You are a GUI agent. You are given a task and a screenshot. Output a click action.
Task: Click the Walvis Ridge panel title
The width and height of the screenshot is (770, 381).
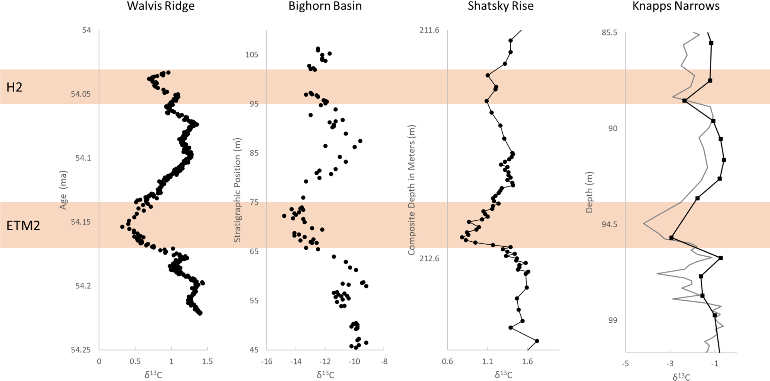161,6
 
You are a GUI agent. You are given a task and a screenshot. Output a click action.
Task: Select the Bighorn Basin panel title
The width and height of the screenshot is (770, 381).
325,6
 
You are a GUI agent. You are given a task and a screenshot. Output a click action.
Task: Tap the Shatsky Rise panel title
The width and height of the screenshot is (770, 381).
500,6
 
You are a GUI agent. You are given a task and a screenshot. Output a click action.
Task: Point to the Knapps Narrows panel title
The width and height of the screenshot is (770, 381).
676,6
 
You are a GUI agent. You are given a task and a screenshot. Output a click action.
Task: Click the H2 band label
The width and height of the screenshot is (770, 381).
15,88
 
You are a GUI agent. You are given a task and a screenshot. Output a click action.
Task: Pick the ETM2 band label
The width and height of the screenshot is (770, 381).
23,225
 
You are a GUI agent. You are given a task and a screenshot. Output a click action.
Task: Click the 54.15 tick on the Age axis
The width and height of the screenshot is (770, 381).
81,222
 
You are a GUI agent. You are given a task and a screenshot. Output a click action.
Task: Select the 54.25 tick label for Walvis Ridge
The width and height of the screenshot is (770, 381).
81,350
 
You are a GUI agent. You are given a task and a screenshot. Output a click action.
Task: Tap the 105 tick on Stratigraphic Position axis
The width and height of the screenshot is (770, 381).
252,55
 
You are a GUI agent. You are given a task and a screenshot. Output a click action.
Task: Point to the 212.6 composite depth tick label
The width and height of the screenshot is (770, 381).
429,258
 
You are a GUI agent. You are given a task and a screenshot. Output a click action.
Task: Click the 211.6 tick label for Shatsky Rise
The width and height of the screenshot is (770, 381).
429,30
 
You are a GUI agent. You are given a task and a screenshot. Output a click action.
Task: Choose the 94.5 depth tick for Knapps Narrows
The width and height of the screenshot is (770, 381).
609,224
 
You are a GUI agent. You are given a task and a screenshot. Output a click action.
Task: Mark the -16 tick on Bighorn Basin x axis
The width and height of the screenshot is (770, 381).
267,362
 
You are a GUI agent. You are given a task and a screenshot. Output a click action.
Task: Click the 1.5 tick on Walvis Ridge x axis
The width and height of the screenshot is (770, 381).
207,362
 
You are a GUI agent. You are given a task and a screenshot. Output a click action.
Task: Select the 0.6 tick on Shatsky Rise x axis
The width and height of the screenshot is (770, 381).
447,362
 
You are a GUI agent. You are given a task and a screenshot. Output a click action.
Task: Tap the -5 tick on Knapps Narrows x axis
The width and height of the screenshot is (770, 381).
625,364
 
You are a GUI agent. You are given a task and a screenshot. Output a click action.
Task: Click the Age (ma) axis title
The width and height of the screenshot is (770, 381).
63,190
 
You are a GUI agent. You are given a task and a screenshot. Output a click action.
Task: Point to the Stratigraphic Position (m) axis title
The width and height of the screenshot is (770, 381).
237,190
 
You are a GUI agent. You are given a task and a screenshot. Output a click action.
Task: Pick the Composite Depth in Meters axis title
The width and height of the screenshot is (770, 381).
411,190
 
